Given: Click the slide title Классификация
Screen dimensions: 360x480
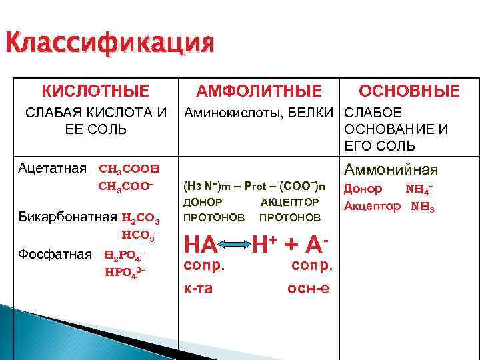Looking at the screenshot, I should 109,45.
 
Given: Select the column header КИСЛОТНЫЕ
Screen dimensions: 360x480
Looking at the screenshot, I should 96,90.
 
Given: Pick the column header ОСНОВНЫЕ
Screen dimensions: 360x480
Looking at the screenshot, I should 409,91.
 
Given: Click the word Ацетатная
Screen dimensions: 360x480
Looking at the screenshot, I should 53,167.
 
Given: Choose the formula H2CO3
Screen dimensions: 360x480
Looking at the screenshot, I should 141,219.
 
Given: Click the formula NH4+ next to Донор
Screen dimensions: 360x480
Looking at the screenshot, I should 420,189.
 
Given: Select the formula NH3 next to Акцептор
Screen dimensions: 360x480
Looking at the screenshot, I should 423,207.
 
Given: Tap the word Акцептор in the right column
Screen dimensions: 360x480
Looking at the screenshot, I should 372,206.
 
